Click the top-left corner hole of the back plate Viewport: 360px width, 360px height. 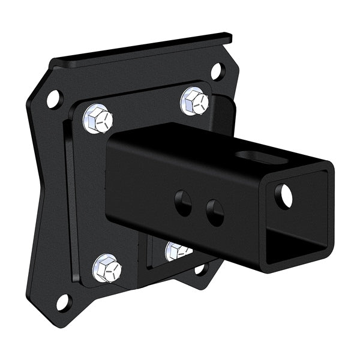[54, 98]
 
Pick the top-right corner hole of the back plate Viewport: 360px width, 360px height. [217, 71]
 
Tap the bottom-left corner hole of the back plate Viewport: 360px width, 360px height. [63, 302]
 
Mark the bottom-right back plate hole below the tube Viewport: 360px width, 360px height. [200, 269]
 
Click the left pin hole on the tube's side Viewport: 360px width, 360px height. [183, 203]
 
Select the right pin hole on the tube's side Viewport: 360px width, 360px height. [214, 212]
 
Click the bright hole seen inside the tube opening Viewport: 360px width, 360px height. [284, 196]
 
